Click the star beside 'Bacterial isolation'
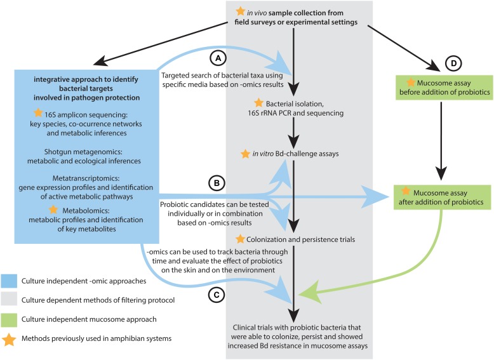[x=258, y=103]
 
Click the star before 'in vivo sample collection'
[x=240, y=11]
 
